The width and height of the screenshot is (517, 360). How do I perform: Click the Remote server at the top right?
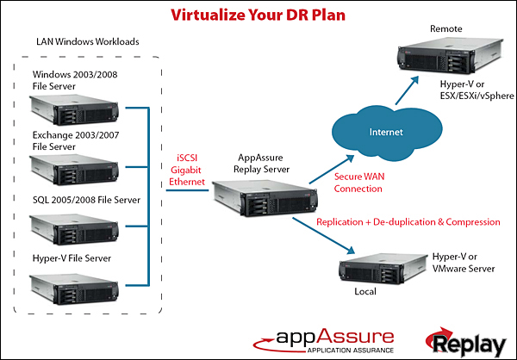coord(446,61)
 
